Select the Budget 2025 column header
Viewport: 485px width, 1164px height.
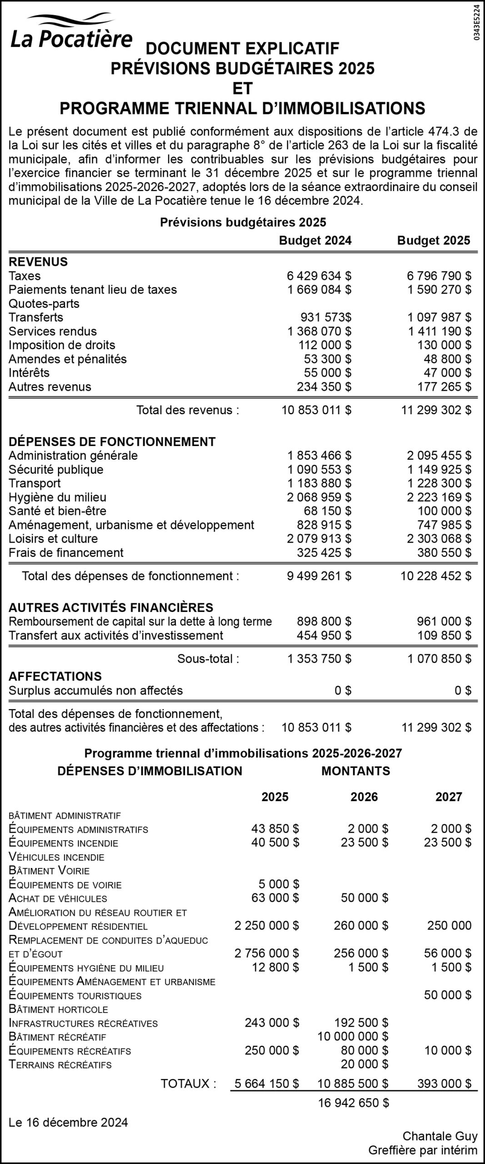pyautogui.click(x=434, y=240)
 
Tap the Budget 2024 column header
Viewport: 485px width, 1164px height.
pyautogui.click(x=315, y=240)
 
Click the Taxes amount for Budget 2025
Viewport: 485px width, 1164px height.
pyautogui.click(x=439, y=276)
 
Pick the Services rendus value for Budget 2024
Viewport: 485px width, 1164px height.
pyautogui.click(x=319, y=331)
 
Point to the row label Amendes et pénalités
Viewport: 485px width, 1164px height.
pyautogui.click(x=68, y=359)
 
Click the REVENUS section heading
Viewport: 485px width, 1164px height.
pyautogui.click(x=38, y=261)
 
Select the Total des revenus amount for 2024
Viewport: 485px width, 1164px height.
pyautogui.click(x=316, y=410)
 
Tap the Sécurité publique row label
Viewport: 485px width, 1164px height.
pyautogui.click(x=56, y=469)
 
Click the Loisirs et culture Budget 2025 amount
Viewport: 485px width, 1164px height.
pyautogui.click(x=439, y=538)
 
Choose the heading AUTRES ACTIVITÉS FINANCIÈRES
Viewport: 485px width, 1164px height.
pyautogui.click(x=111, y=607)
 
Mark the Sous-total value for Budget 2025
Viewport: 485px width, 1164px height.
pyautogui.click(x=439, y=658)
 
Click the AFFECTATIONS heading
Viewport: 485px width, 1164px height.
pyautogui.click(x=55, y=676)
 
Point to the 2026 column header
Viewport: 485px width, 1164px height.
pyautogui.click(x=364, y=797)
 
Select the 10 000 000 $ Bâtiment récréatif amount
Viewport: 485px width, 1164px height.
pyautogui.click(x=353, y=1037)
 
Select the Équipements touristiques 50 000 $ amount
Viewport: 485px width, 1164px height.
pyautogui.click(x=447, y=995)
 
